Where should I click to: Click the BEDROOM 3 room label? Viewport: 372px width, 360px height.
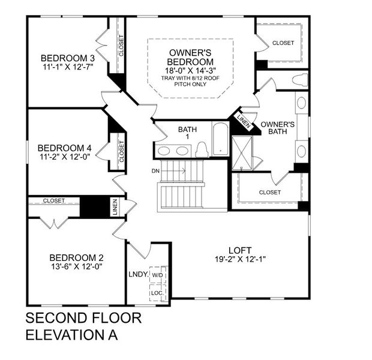coord(68,58)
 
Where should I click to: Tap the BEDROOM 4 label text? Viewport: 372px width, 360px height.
coord(65,148)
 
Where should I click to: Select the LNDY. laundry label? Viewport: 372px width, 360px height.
coord(138,274)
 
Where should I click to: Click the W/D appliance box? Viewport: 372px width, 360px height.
coord(158,274)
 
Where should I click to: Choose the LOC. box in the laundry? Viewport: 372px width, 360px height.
coord(158,293)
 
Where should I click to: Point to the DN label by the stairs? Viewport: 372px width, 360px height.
coord(155,171)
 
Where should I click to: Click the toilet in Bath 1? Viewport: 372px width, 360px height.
coord(202,148)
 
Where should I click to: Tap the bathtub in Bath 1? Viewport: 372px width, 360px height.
coord(220,139)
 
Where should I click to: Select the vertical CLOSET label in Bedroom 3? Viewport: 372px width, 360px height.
coord(121,46)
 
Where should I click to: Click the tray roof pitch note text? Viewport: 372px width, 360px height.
coord(190,81)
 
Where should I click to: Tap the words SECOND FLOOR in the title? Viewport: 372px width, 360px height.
coord(83,318)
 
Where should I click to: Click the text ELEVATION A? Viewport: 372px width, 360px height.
coord(71,335)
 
